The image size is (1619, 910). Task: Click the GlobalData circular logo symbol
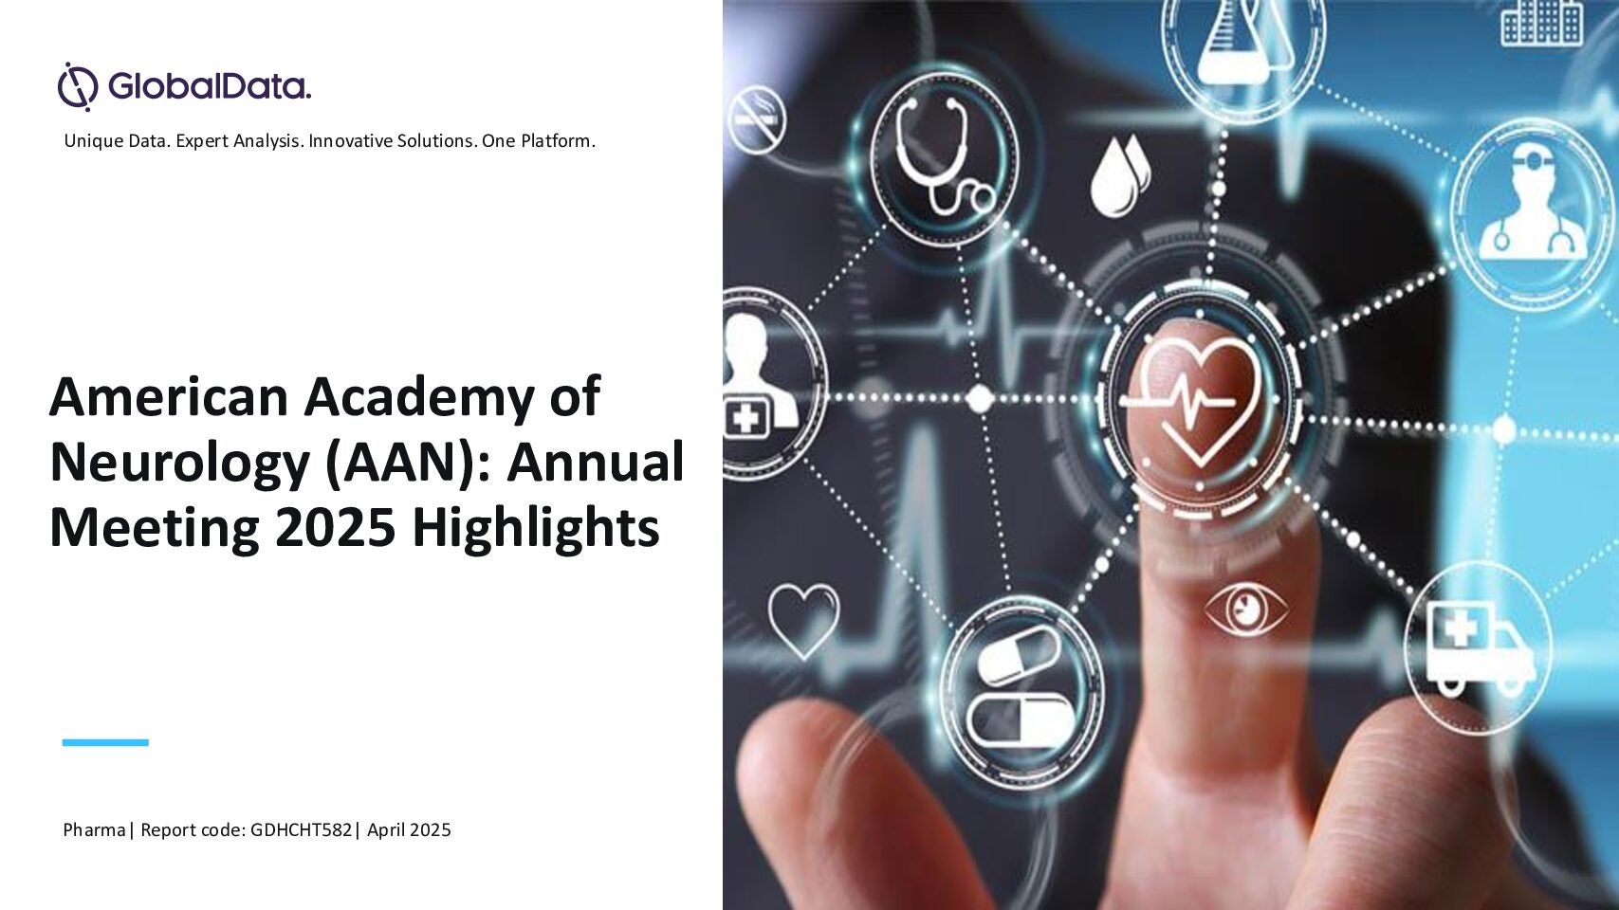click(78, 86)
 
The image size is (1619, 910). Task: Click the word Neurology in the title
click(180, 464)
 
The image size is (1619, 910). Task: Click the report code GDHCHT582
click(302, 829)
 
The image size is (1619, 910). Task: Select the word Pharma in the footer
click(94, 829)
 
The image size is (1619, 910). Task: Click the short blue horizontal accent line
click(105, 742)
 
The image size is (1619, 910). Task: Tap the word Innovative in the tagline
click(351, 141)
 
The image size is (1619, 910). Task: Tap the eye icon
click(1246, 611)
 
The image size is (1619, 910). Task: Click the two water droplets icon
click(1119, 176)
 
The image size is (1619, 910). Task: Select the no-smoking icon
click(756, 119)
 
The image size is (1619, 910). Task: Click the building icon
click(1542, 23)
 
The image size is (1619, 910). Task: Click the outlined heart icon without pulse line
click(803, 620)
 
